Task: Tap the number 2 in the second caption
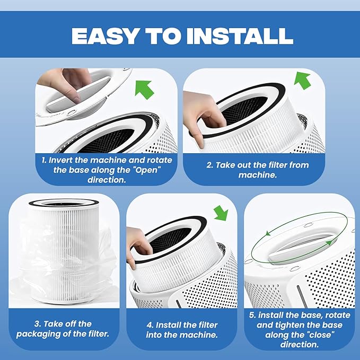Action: [209, 165]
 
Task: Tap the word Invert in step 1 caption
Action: [65, 160]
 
